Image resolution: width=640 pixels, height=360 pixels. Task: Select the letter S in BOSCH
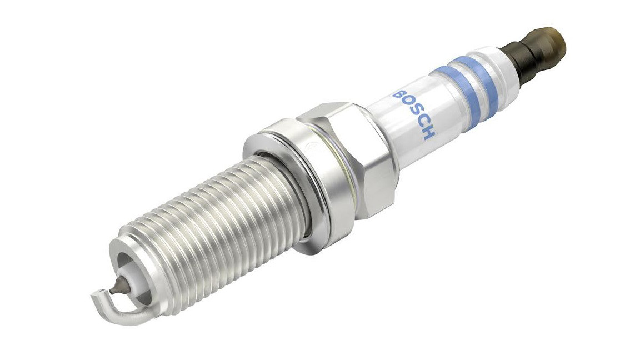414,114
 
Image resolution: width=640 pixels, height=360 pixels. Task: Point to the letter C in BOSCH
421,123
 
